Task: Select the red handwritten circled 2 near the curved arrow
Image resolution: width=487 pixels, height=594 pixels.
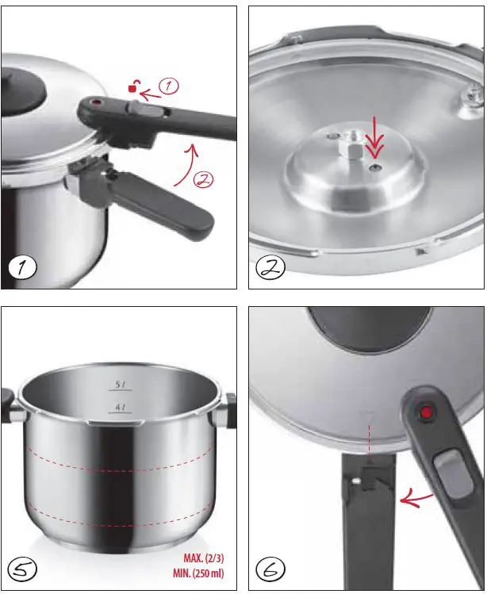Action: coord(202,180)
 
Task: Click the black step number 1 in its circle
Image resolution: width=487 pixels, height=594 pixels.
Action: coord(25,266)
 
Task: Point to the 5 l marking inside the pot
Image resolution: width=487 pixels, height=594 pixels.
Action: coord(121,386)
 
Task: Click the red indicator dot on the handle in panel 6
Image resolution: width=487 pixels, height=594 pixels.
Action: coord(427,412)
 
